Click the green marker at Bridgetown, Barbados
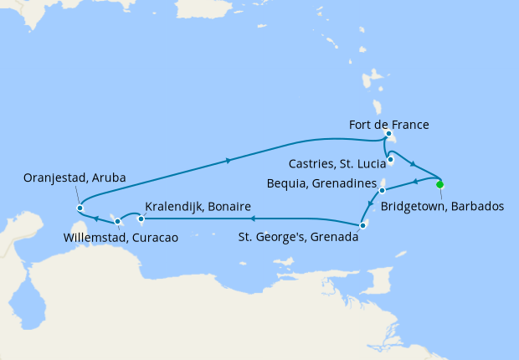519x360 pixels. coord(439,184)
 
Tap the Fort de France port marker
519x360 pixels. coord(388,134)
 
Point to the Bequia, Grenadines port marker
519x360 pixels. coord(381,191)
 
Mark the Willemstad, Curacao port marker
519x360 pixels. coord(117,222)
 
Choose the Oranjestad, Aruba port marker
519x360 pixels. coord(80,208)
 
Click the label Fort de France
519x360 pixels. coord(388,125)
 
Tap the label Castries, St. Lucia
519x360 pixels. coord(335,162)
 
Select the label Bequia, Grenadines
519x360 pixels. coord(326,182)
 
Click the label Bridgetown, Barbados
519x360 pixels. coord(443,205)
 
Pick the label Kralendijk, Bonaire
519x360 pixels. coord(198,207)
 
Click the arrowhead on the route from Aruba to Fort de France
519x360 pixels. coord(229,158)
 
